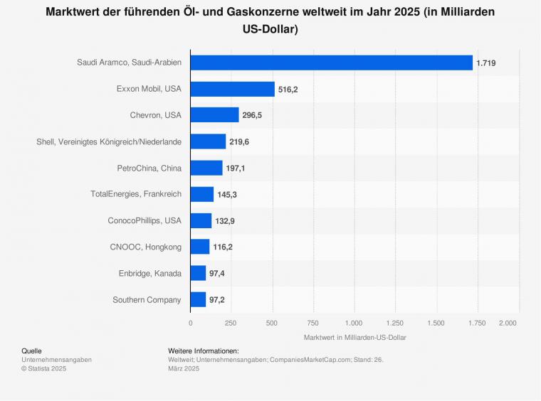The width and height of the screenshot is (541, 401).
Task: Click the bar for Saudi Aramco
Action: pyautogui.click(x=331, y=63)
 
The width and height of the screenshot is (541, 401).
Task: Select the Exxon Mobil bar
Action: pyautogui.click(x=232, y=89)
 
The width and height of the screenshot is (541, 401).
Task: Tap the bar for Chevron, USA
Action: pyautogui.click(x=214, y=115)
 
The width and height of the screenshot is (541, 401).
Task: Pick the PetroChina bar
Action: pyautogui.click(x=206, y=168)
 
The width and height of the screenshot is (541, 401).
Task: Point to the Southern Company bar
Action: pyautogui.click(x=198, y=299)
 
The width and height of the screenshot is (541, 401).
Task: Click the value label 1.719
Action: pyautogui.click(x=485, y=63)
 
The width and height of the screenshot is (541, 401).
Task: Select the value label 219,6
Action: pyautogui.click(x=239, y=142)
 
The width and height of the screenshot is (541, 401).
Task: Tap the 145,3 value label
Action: pyautogui.click(x=227, y=195)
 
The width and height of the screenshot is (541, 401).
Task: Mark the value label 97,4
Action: pyautogui.click(x=219, y=274)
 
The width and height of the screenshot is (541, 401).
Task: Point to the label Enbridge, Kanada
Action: pyautogui.click(x=150, y=273)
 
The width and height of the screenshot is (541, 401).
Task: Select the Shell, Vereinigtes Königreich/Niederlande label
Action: pyautogui.click(x=109, y=141)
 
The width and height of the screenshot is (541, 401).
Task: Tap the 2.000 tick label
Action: pyautogui.click(x=508, y=323)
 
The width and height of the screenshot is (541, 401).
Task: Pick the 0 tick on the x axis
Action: pyautogui.click(x=190, y=323)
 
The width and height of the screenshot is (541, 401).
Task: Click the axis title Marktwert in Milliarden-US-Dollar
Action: pyautogui.click(x=354, y=337)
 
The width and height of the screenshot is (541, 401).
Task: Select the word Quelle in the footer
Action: pyautogui.click(x=32, y=351)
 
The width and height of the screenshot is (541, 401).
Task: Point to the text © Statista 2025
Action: pyautogui.click(x=43, y=368)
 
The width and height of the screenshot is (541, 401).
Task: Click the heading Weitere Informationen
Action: pyautogui.click(x=204, y=351)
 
